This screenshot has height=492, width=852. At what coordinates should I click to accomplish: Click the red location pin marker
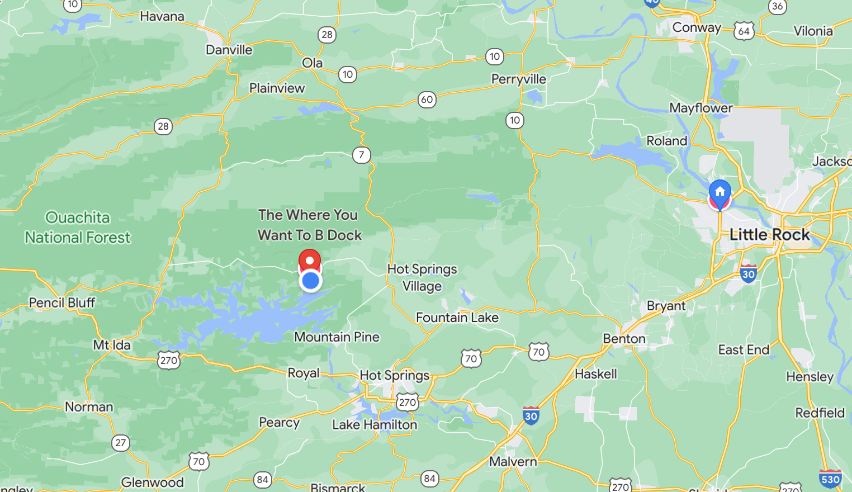tap(310, 261)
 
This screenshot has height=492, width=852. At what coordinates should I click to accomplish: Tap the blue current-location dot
tap(310, 281)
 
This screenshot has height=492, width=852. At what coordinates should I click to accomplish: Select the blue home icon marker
tap(720, 192)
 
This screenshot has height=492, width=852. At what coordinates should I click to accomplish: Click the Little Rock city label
tap(769, 235)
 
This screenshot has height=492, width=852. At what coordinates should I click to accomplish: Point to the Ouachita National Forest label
tap(78, 228)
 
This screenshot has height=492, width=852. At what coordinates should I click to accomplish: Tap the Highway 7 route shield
tap(362, 155)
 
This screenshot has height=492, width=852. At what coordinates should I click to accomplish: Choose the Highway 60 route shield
tap(427, 100)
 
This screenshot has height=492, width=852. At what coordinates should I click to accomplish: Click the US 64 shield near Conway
tap(744, 31)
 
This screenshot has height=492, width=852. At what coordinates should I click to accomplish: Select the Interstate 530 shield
tap(830, 479)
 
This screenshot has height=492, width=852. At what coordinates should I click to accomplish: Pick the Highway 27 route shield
tap(121, 443)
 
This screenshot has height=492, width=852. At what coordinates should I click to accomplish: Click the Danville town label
tap(229, 50)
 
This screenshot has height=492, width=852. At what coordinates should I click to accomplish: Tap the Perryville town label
tap(519, 79)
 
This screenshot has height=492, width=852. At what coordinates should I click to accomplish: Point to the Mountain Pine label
tap(337, 337)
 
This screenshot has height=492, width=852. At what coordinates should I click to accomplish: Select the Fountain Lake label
tap(457, 318)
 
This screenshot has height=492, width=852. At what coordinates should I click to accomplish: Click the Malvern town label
tap(513, 461)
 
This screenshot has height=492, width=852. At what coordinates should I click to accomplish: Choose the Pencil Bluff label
tap(62, 302)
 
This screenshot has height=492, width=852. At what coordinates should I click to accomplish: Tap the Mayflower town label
tap(701, 108)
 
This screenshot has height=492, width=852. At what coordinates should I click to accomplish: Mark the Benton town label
tap(624, 339)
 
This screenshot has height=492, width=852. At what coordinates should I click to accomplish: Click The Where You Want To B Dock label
tap(310, 225)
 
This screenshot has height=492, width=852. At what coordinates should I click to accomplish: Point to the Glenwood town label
tap(153, 482)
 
